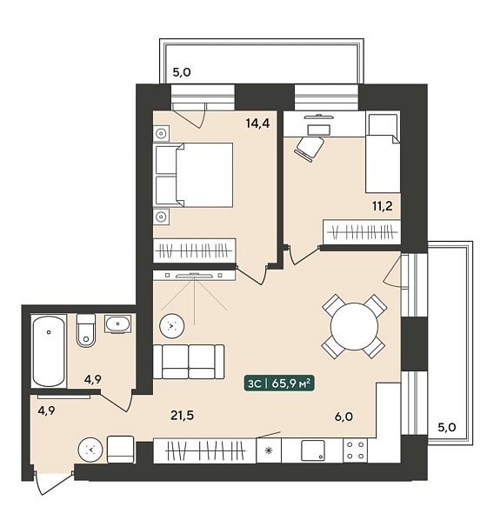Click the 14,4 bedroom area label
coord(257,123)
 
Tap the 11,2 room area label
coord(383,205)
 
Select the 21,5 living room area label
coord(183,415)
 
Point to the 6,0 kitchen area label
coord(344,417)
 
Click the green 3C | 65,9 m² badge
coord(279,384)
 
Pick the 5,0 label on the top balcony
coord(182,72)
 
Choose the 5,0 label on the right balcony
coord(447,428)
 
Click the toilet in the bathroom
coord(86,330)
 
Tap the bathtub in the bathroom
coord(49,350)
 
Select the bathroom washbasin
coord(117,324)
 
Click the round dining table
coord(355,326)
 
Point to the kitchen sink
coord(313,450)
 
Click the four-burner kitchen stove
coord(355,450)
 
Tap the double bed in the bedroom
coord(193,175)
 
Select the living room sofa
coord(189,362)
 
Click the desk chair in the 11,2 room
coord(309,149)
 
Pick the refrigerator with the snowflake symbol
coord(269,450)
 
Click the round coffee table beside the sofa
coord(172,326)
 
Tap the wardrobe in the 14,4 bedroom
coord(194,250)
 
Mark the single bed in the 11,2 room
coord(383,151)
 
